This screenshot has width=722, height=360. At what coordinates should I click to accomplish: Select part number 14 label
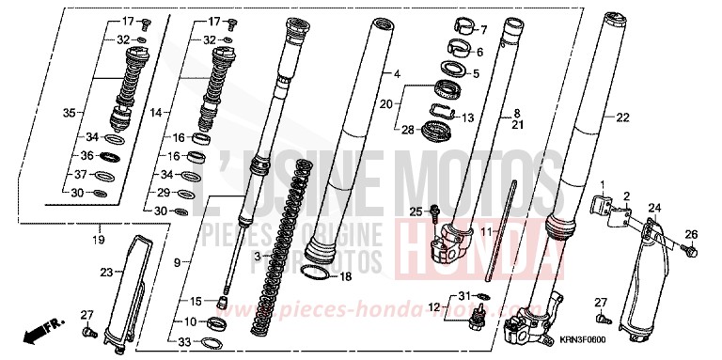155,112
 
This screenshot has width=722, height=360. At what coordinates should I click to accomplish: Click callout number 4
397,72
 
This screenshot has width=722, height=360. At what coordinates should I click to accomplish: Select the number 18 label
344,276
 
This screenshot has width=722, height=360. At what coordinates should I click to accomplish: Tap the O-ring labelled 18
318,273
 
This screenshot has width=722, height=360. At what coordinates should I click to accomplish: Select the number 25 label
415,212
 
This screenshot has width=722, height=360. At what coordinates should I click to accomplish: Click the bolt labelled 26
690,251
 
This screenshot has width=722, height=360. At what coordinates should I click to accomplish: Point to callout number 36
86,156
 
